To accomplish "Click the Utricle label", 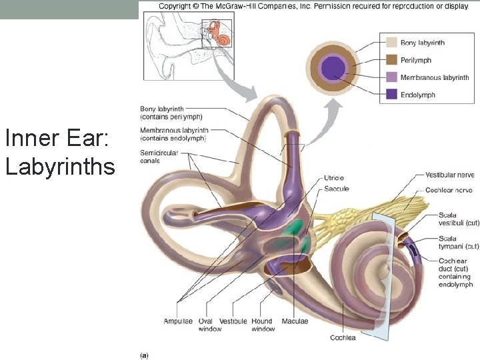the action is pos(334,179).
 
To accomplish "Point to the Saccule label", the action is pos(336,189).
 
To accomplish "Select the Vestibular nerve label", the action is pos(449,175).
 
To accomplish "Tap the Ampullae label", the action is pos(178,321).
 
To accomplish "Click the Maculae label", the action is pos(295,321).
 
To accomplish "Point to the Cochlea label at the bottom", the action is pos(343,337).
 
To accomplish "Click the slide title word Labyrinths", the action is pos(60,166).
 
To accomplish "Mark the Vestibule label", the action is pos(233,321).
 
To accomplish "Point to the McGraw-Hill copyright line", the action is pos(313,7).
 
